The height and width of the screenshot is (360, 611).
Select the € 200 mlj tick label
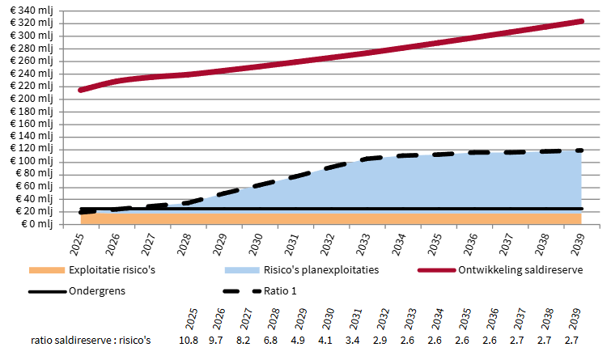click(30, 99)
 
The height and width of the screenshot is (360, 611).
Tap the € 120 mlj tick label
click(30, 149)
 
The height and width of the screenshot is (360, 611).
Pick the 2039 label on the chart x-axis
click(576, 241)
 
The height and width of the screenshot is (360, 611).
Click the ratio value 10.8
click(188, 341)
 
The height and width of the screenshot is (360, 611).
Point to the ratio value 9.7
click(216, 341)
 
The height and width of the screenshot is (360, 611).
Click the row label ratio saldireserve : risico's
click(91, 341)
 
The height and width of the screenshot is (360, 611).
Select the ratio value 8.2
click(244, 341)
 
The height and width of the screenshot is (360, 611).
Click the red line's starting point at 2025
click(80, 90)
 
